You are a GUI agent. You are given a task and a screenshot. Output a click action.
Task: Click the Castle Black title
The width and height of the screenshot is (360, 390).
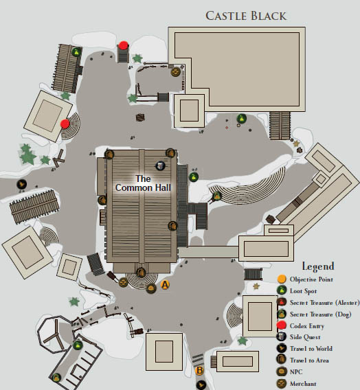point(246,16)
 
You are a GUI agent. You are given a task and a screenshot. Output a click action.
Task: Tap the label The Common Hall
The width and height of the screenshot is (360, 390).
point(143,183)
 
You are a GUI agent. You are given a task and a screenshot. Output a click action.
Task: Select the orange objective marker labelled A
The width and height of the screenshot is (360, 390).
point(165,284)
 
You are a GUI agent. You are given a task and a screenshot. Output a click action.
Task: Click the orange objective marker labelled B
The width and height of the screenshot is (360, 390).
point(199,371)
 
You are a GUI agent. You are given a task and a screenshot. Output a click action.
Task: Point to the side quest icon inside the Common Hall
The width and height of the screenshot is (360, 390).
point(161,165)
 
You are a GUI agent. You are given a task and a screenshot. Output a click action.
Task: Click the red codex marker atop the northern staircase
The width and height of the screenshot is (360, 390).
point(124,45)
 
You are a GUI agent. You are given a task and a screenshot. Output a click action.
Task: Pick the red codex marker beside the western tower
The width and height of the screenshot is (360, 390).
point(65,124)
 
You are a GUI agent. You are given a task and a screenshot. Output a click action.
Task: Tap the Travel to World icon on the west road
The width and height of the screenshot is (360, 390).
point(22,184)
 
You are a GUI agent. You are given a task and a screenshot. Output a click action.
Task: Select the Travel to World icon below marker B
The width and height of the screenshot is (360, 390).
point(201,385)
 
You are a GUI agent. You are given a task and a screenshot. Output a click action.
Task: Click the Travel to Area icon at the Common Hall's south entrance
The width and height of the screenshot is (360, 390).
point(141,273)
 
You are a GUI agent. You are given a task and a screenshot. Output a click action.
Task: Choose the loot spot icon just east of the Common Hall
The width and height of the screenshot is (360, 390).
point(194,177)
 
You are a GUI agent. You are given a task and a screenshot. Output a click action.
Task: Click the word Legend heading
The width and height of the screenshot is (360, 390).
point(318,266)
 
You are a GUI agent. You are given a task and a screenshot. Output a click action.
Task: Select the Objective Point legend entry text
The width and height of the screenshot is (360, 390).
point(311,279)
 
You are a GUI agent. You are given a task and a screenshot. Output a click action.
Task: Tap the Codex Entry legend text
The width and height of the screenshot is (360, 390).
point(307,326)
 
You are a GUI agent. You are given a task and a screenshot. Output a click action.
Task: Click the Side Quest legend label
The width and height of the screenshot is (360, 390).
point(305,337)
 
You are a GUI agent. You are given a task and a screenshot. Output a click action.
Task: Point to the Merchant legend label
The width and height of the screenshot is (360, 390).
point(303,384)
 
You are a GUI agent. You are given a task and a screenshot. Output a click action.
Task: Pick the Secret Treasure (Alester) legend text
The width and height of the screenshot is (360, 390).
point(325,303)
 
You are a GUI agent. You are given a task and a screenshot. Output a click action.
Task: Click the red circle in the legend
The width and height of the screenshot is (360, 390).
point(282,325)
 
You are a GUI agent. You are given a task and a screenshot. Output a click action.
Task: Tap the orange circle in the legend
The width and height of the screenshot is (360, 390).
point(282,279)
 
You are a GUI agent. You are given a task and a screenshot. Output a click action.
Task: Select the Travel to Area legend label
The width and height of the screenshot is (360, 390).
point(309,360)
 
